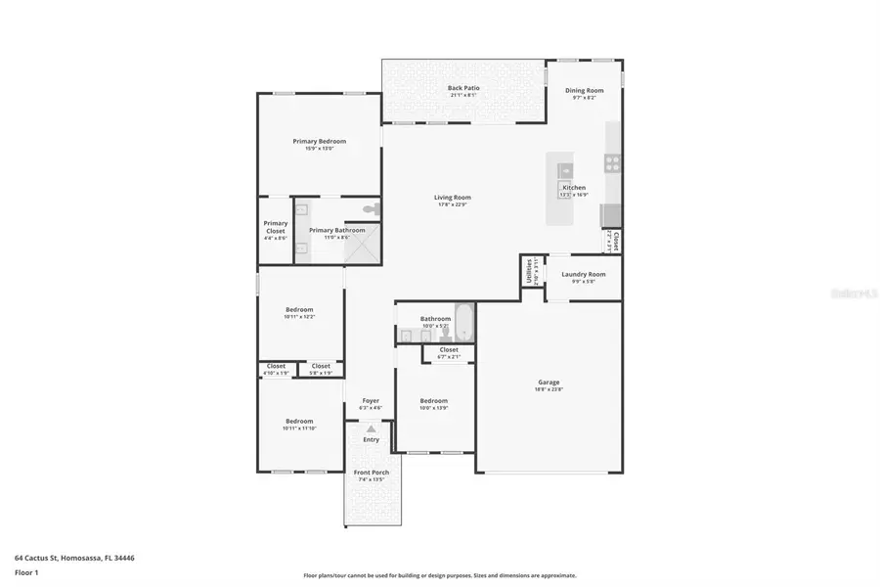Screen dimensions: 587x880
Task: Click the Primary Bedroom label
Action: coord(319,141)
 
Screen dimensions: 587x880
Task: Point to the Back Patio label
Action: coord(463,88)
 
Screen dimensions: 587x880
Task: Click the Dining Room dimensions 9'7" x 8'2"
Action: coord(584,98)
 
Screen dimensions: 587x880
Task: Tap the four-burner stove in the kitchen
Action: coord(612,163)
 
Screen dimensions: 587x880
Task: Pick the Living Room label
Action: coord(453,198)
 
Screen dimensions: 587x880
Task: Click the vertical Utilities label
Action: coord(528,271)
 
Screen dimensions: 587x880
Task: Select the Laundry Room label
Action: coord(583,274)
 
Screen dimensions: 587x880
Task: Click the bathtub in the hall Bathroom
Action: coord(462,323)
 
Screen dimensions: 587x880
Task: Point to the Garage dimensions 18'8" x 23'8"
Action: coord(549,389)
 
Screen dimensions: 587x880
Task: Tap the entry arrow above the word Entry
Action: coord(371,429)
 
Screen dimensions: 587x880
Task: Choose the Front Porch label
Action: coord(371,473)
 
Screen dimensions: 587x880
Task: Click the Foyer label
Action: coord(371,400)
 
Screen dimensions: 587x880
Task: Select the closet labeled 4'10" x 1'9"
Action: coord(277,369)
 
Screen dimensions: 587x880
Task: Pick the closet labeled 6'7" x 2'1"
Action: coord(449,352)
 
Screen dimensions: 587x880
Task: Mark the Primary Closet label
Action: coord(276,227)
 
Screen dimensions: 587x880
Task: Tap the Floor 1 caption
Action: coord(27,572)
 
